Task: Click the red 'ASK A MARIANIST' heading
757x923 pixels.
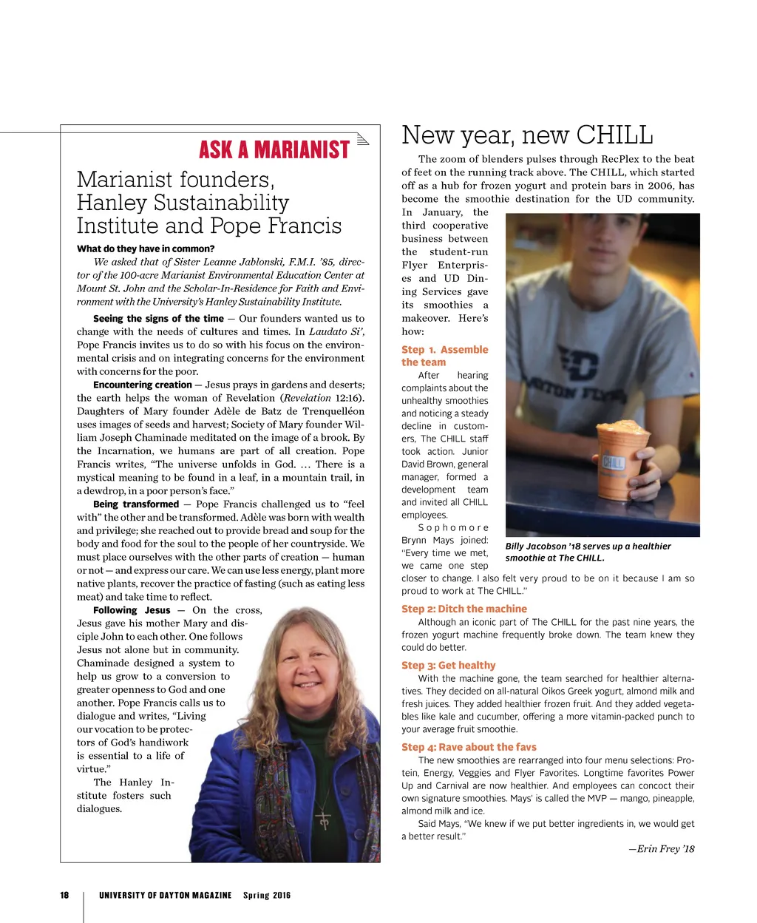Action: click(x=274, y=150)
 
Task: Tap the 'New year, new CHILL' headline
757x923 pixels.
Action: click(x=527, y=135)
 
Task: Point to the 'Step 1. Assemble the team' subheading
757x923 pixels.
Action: click(x=444, y=356)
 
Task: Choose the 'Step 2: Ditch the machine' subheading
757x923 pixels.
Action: click(x=464, y=609)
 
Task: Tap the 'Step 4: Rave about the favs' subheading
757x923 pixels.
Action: click(x=469, y=747)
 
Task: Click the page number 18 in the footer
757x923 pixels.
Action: click(x=64, y=895)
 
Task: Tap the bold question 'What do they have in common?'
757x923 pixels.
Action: click(x=146, y=248)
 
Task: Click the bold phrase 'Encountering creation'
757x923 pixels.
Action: click(x=143, y=385)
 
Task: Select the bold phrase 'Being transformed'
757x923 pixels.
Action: click(x=136, y=504)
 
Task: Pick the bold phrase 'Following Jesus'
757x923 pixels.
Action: click(x=132, y=610)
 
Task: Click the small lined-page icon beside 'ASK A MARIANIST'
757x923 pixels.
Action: click(x=362, y=141)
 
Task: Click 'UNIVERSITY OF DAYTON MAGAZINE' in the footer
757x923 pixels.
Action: click(x=165, y=895)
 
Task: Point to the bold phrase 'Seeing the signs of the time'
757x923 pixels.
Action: click(x=158, y=319)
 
